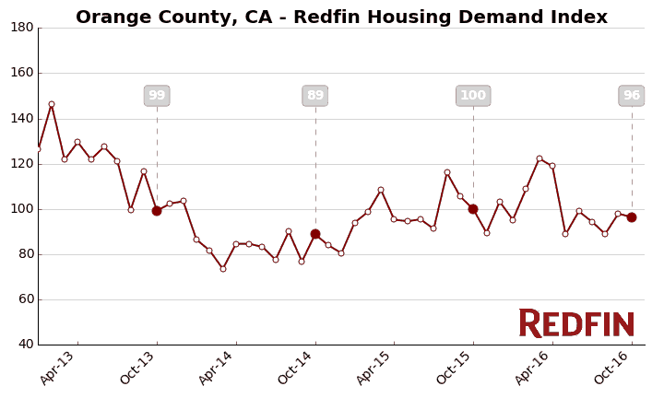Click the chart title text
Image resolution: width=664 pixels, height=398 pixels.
[341, 17]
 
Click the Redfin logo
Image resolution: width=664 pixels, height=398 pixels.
[576, 323]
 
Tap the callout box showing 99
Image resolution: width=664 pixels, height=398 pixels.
[157, 96]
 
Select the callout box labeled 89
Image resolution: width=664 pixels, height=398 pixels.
[315, 96]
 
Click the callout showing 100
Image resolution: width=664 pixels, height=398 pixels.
[473, 96]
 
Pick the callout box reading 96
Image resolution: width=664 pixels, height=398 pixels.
[632, 96]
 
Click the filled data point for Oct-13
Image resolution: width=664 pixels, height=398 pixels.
[157, 211]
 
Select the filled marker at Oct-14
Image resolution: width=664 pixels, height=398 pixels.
[315, 234]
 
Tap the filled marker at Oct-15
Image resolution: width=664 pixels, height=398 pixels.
[473, 209]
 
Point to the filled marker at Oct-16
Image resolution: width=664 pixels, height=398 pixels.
[632, 217]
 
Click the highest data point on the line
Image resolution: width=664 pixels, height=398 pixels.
[52, 104]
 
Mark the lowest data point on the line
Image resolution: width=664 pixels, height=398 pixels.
[222, 269]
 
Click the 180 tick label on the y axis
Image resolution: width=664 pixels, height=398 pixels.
[22, 28]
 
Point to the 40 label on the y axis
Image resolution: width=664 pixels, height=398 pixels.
[25, 345]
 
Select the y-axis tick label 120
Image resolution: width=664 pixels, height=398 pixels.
[22, 163]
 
